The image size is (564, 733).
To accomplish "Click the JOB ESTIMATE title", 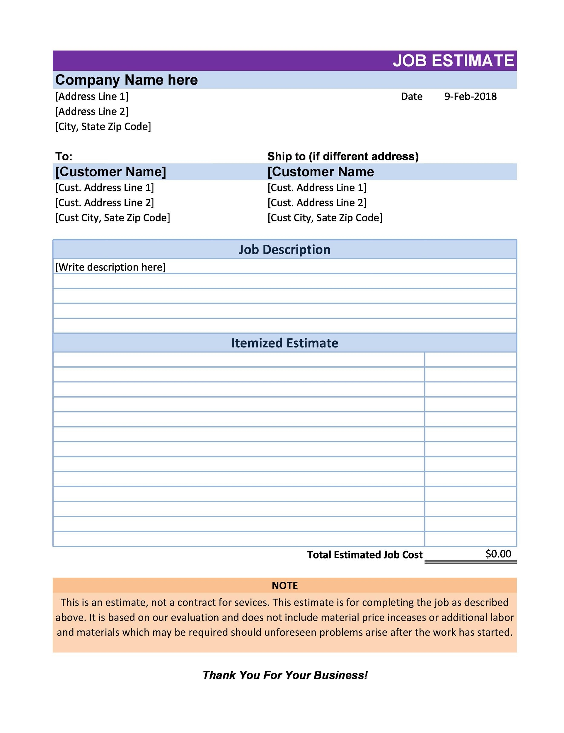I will pyautogui.click(x=453, y=61).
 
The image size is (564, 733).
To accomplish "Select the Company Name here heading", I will pyautogui.click(x=126, y=80).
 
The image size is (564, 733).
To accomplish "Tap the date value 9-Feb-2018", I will pyautogui.click(x=470, y=97).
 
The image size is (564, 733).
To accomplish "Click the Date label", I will pyautogui.click(x=411, y=97).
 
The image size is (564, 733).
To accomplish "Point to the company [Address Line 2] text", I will pyautogui.click(x=91, y=111).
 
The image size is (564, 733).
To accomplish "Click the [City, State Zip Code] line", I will pyautogui.click(x=103, y=127).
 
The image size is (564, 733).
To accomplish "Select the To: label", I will pyautogui.click(x=64, y=156).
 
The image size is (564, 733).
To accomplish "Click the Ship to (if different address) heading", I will pyautogui.click(x=343, y=156).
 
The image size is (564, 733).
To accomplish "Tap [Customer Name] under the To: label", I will pyautogui.click(x=110, y=172).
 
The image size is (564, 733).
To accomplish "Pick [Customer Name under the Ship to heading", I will pyautogui.click(x=320, y=172).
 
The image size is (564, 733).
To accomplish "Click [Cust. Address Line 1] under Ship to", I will pyautogui.click(x=316, y=188).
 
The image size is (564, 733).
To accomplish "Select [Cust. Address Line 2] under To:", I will pyautogui.click(x=104, y=203).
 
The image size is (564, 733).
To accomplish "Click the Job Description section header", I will pyautogui.click(x=284, y=250).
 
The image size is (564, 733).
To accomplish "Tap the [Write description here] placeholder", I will pyautogui.click(x=110, y=267).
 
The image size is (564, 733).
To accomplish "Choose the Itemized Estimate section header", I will pyautogui.click(x=284, y=343).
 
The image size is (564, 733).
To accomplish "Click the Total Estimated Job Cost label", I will pyautogui.click(x=364, y=555).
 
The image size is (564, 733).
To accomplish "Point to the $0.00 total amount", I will pyautogui.click(x=498, y=554).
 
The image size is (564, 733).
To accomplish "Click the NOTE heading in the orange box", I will pyautogui.click(x=284, y=586).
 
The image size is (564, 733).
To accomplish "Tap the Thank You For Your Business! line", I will pyautogui.click(x=285, y=675).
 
